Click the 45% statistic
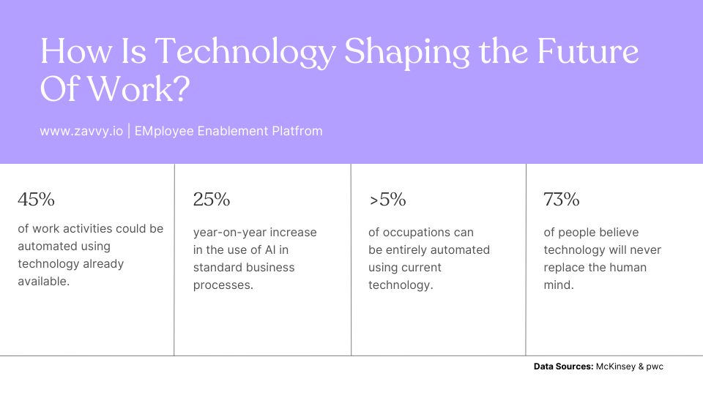(36, 199)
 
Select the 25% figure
(212, 199)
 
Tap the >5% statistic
(387, 199)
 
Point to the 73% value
(562, 199)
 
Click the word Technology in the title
(245, 53)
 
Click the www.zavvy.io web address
(81, 132)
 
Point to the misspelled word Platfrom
(297, 132)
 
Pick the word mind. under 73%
(559, 285)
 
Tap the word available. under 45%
(44, 281)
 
